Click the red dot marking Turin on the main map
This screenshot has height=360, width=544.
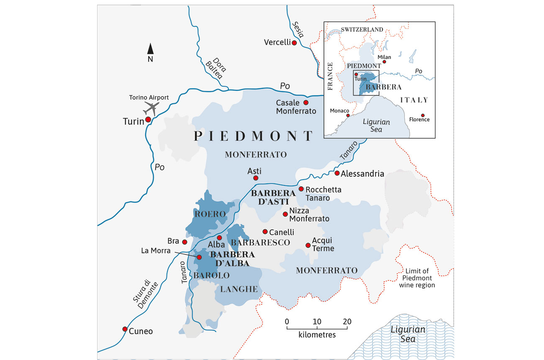(148, 119)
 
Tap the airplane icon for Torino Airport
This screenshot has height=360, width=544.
(151, 108)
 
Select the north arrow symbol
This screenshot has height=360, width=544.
(151, 49)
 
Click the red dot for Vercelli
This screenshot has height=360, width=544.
(295, 43)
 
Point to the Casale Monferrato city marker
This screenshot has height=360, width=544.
(306, 103)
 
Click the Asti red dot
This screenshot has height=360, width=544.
(256, 178)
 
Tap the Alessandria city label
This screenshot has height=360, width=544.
(362, 174)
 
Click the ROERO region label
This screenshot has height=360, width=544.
(210, 214)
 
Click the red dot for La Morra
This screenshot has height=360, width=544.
(200, 257)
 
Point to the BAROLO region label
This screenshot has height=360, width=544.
(211, 275)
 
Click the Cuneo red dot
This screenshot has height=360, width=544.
(125, 329)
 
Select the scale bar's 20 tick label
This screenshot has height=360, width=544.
(347, 321)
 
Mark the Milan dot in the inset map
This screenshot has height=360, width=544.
(385, 62)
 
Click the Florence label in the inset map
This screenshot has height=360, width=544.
(419, 120)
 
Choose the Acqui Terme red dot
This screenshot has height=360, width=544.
(308, 245)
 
